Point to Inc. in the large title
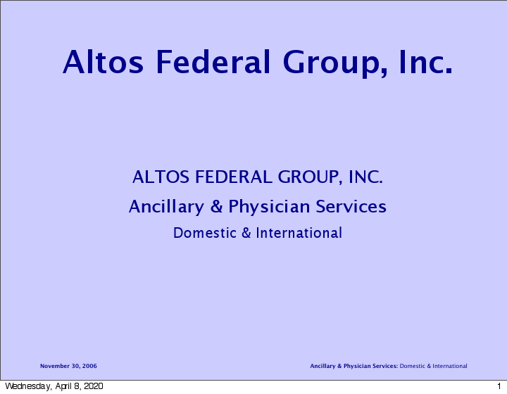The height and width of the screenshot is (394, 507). [425, 62]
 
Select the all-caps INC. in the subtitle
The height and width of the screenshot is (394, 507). [365, 177]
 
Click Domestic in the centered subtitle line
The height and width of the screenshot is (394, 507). [205, 233]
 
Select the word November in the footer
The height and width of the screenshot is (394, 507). [55, 366]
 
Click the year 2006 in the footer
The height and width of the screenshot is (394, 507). [89, 366]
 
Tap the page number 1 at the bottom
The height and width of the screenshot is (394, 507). [498, 386]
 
